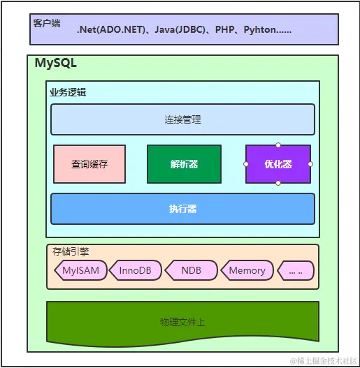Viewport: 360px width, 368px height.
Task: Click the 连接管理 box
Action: point(182,119)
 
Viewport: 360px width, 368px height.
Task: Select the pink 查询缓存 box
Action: point(89,164)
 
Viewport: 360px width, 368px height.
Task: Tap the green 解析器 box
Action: point(184,164)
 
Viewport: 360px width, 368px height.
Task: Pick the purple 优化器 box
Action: point(278,164)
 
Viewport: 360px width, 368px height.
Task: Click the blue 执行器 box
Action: point(182,209)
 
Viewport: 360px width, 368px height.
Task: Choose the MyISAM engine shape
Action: point(80,270)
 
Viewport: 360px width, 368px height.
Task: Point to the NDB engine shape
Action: point(191,270)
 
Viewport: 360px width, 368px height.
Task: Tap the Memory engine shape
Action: point(247,270)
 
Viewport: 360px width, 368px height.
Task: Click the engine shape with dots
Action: point(296,270)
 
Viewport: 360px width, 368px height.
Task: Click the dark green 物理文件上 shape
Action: point(182,322)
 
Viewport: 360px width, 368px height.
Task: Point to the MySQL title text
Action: point(56,64)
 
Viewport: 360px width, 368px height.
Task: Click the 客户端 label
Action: point(47,23)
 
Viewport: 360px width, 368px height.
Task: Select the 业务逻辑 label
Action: point(68,91)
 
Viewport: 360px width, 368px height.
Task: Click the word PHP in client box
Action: point(224,31)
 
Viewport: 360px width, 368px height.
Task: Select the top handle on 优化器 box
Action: point(278,145)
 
